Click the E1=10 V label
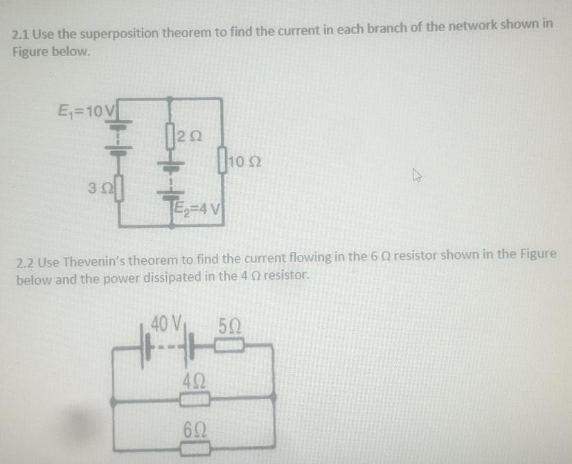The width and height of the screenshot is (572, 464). pyautogui.click(x=80, y=110)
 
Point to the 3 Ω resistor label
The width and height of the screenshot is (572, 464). pyautogui.click(x=97, y=188)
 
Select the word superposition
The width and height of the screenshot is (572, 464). pyautogui.click(x=118, y=33)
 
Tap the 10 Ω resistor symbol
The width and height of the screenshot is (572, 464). pyautogui.click(x=223, y=163)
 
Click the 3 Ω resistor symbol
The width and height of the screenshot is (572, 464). pyautogui.click(x=117, y=188)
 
